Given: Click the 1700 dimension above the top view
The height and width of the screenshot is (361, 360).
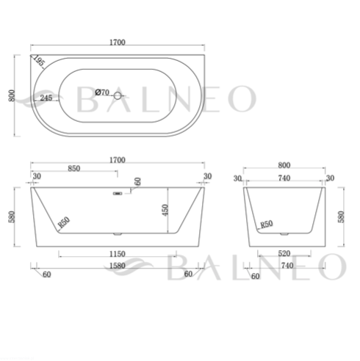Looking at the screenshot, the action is [x=118, y=43].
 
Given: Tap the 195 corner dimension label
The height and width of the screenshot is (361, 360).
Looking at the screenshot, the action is [x=39, y=60].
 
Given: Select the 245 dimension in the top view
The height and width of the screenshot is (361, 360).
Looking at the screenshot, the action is [x=46, y=98].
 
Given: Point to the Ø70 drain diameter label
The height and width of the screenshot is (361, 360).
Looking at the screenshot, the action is [x=102, y=92].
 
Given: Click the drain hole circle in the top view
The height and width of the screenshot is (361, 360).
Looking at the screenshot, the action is [x=118, y=95].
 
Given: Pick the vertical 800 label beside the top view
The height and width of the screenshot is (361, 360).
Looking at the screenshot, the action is [x=12, y=95].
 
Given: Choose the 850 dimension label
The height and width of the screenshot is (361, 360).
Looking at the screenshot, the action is [x=73, y=168].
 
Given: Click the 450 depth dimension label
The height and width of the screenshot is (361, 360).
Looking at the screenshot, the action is [x=165, y=210].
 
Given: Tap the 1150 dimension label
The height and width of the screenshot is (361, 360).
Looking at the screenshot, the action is [x=118, y=254].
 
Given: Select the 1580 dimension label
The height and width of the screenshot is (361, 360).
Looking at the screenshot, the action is [x=118, y=266].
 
